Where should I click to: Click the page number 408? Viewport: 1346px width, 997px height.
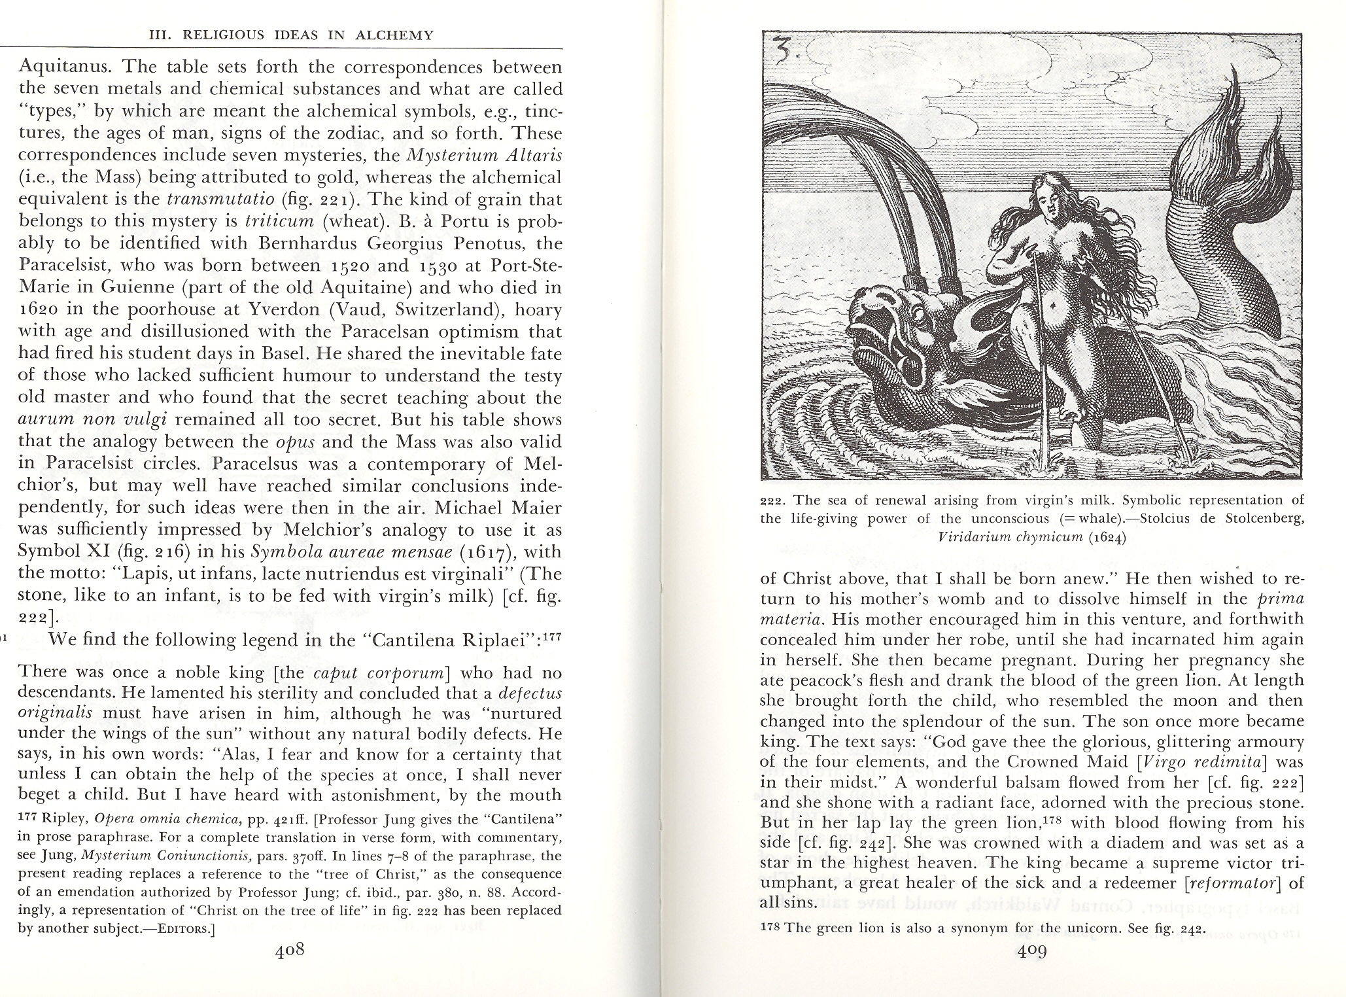(290, 951)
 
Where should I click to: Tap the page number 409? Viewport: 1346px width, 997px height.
(1032, 951)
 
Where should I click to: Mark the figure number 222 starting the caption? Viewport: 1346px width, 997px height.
(773, 501)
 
